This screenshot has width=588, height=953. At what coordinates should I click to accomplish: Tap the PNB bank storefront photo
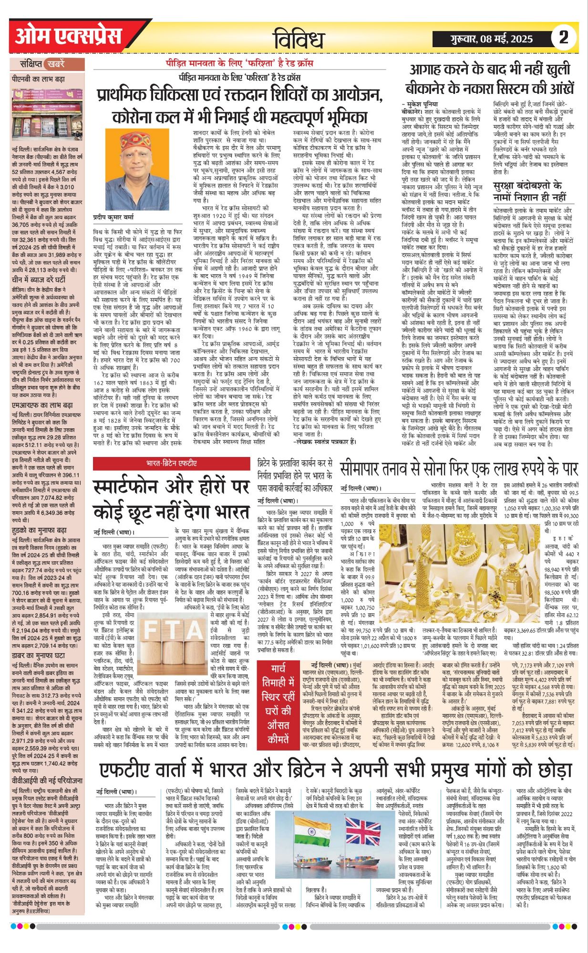(x=47, y=113)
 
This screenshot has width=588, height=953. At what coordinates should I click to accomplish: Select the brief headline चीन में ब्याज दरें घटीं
(x=39, y=280)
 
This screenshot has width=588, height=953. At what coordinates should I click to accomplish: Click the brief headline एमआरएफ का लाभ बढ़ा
(x=42, y=405)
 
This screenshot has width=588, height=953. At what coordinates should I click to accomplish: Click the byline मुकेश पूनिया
(x=420, y=103)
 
